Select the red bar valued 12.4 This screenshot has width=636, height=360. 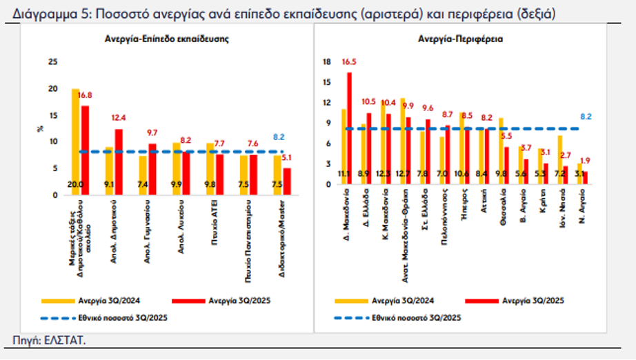click(x=119, y=162)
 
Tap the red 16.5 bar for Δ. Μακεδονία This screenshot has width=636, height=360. click(x=349, y=128)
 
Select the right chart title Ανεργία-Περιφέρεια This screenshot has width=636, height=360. click(x=460, y=39)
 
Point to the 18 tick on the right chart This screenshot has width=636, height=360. click(x=327, y=62)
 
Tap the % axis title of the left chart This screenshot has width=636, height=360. click(x=40, y=128)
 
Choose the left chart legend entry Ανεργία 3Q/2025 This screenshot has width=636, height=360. click(x=235, y=301)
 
